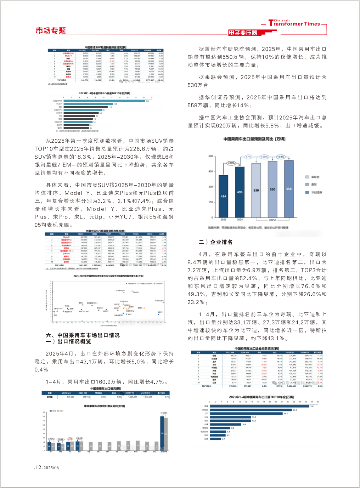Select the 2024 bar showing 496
click(x=240, y=192)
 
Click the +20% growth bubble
click(x=231, y=163)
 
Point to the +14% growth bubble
click(x=281, y=157)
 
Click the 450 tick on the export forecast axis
click(x=210, y=171)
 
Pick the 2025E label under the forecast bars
click(x=272, y=220)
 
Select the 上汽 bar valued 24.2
click(x=246, y=413)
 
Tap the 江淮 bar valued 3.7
click(x=215, y=439)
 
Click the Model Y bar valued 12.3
click(x=88, y=104)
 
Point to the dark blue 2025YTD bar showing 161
click(x=162, y=432)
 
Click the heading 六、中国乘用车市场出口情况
click(x=83, y=335)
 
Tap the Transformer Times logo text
click(x=294, y=24)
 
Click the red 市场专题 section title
click(x=51, y=31)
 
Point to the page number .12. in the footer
click(x=38, y=467)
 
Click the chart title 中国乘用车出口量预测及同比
click(x=254, y=139)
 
